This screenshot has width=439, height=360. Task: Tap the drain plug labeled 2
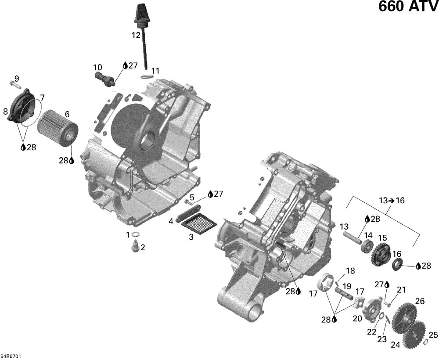click(x=135, y=247)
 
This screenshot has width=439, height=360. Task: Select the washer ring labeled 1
click(x=136, y=234)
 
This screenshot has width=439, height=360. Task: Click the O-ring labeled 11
click(x=147, y=77)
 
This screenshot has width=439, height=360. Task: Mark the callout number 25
click(x=433, y=335)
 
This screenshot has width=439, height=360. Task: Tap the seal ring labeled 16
click(x=398, y=264)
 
